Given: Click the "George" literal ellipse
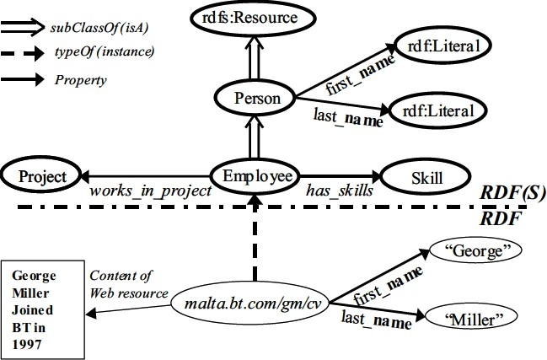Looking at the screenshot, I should (475, 250).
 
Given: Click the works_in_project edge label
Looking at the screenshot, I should (152, 192).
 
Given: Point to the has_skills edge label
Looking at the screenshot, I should (340, 192).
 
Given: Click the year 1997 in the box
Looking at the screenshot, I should (25, 344).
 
